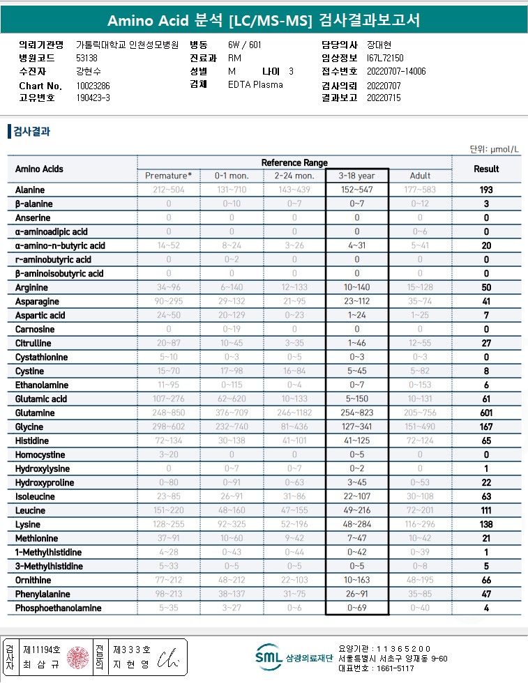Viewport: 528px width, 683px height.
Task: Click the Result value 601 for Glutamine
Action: click(x=486, y=413)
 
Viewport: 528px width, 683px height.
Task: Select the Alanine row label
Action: click(x=30, y=190)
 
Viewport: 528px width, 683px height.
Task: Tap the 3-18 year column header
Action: click(x=356, y=176)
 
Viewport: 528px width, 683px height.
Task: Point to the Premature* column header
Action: click(x=168, y=176)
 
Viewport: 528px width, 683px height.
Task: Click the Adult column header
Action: click(x=420, y=176)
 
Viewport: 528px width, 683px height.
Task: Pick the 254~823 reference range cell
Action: click(x=356, y=413)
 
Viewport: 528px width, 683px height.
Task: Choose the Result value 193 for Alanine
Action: click(x=486, y=190)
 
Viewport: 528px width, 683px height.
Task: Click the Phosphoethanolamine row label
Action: click(x=59, y=608)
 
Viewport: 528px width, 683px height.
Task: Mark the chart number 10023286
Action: click(x=93, y=86)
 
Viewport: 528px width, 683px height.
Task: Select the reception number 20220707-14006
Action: click(x=396, y=72)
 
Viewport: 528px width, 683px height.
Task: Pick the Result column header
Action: click(x=486, y=169)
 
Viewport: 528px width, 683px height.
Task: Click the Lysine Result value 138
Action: click(x=486, y=524)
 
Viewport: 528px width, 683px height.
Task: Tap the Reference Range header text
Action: click(x=294, y=162)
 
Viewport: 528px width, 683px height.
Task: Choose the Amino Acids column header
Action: click(x=39, y=169)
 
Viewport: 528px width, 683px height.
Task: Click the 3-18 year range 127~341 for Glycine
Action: click(x=356, y=427)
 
